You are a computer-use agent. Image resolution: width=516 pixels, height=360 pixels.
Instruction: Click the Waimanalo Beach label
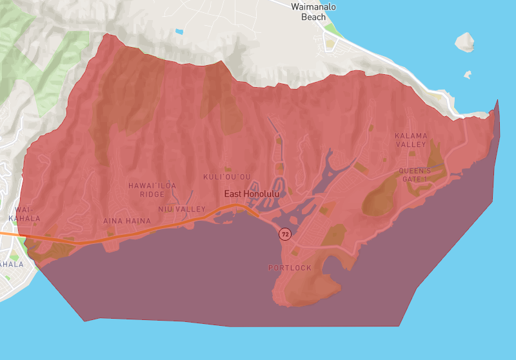(x=313, y=12)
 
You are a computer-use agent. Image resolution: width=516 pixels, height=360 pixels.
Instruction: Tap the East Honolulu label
(x=252, y=194)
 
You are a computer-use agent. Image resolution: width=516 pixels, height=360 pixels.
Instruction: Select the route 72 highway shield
(x=284, y=234)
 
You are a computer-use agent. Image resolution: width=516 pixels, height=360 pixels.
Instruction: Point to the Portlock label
(x=290, y=268)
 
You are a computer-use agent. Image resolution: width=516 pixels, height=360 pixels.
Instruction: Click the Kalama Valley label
(x=411, y=140)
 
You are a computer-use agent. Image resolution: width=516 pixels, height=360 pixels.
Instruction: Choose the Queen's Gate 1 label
(x=414, y=175)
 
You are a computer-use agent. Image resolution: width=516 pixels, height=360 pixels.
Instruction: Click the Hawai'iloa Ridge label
(x=152, y=190)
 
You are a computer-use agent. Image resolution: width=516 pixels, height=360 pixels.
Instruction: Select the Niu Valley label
(x=182, y=209)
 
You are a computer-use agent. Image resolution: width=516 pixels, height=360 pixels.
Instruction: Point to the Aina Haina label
(x=126, y=221)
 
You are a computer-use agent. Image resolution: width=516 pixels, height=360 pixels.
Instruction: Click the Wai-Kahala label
(x=23, y=214)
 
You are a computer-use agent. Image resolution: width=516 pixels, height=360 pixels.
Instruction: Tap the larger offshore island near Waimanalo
(x=465, y=43)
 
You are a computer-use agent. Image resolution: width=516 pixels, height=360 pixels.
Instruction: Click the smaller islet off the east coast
(x=468, y=75)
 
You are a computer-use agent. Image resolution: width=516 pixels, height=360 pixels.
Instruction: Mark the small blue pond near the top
(x=179, y=31)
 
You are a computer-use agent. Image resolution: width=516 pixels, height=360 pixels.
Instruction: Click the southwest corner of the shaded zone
(x=84, y=320)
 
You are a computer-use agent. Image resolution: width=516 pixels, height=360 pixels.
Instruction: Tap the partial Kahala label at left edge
(x=11, y=265)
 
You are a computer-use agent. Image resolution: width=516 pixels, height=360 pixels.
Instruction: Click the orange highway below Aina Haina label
(x=129, y=233)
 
